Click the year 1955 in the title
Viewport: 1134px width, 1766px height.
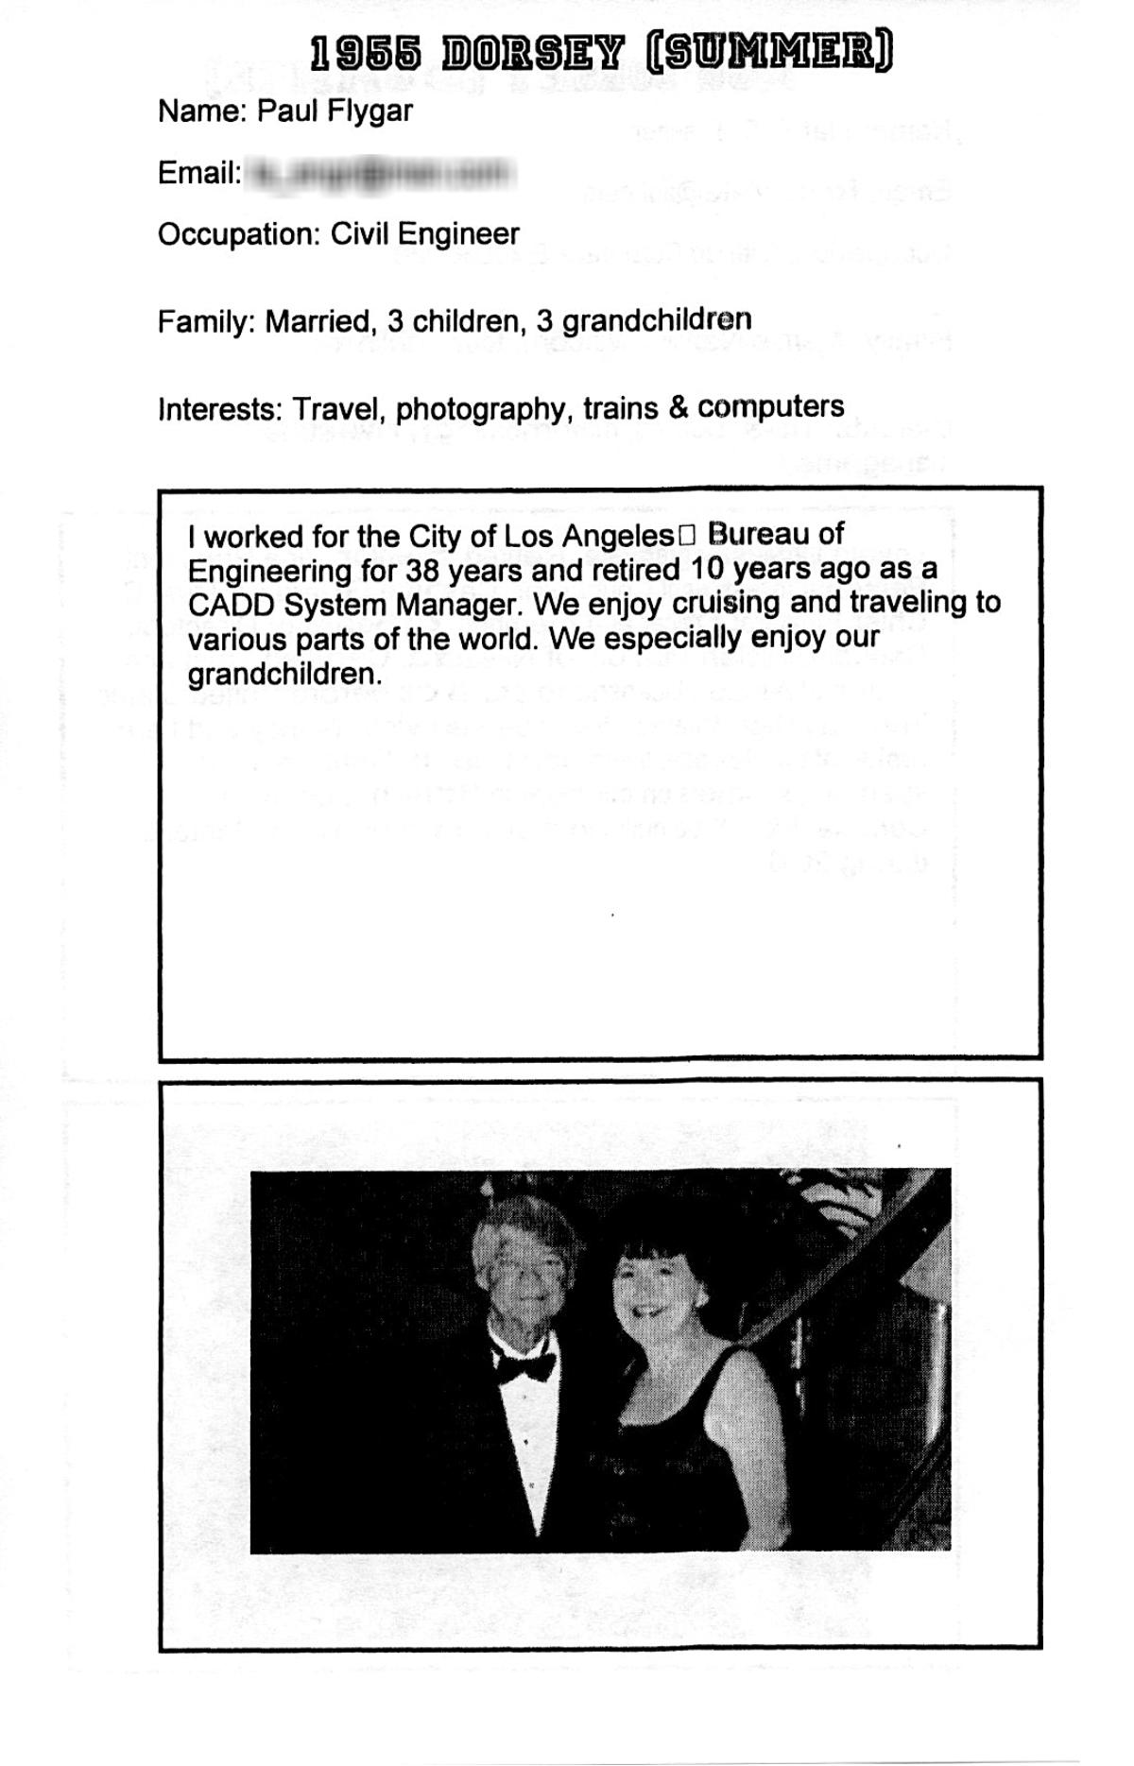click(x=366, y=55)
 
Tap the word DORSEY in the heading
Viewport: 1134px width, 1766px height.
click(x=532, y=55)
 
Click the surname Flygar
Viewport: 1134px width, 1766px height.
click(x=370, y=111)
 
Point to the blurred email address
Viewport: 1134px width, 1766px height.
click(x=380, y=173)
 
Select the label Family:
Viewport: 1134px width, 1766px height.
click(x=207, y=322)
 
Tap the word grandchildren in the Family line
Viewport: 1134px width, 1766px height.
click(x=657, y=320)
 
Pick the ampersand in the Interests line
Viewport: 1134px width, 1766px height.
click(x=678, y=407)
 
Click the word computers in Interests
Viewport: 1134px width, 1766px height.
click(x=770, y=407)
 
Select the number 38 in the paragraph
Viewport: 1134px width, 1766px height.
click(x=423, y=571)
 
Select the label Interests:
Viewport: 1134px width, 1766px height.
click(x=220, y=410)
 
